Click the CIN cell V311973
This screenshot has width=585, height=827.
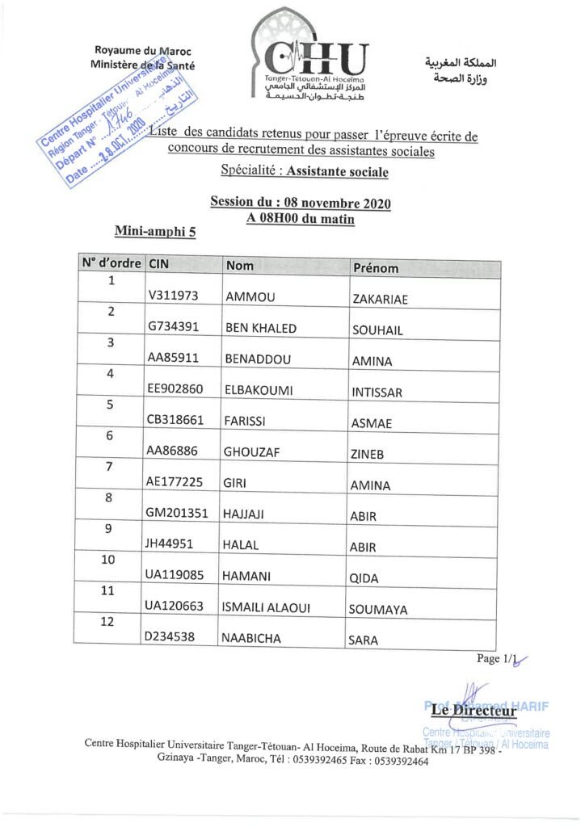pyautogui.click(x=172, y=296)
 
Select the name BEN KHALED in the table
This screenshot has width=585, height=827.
pyautogui.click(x=261, y=328)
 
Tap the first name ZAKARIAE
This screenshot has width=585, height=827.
pyautogui.click(x=380, y=300)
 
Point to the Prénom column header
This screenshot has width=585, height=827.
pyautogui.click(x=375, y=268)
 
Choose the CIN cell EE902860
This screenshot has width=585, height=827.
pyautogui.click(x=175, y=390)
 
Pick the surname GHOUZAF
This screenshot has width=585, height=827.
pyautogui.click(x=253, y=453)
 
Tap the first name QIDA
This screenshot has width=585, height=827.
pyautogui.click(x=364, y=578)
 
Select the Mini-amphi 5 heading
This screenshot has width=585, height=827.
pyautogui.click(x=155, y=231)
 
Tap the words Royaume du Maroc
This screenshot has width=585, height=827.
pyautogui.click(x=143, y=51)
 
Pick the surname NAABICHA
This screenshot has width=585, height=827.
pyautogui.click(x=251, y=638)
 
